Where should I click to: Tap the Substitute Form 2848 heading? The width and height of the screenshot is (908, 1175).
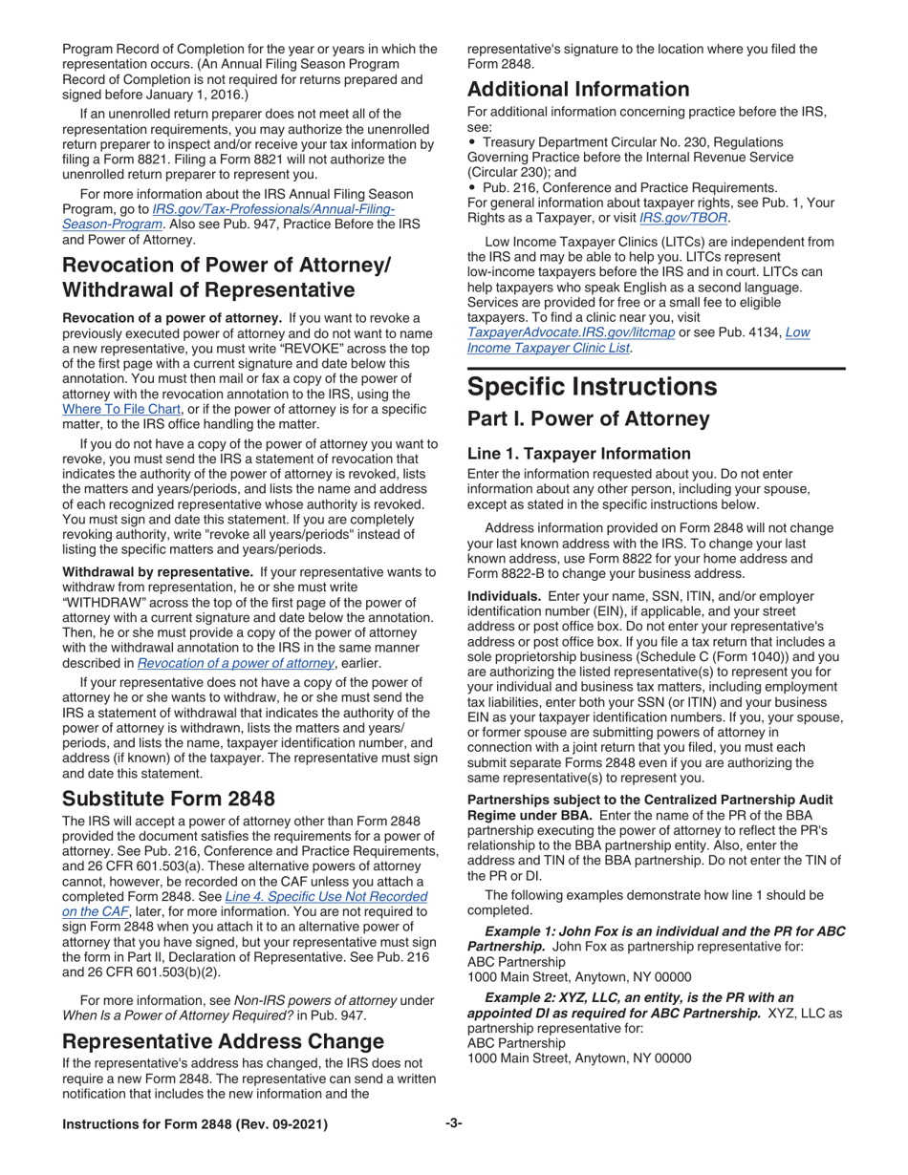coord(168,798)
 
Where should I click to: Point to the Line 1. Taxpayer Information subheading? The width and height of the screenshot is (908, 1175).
coord(578,454)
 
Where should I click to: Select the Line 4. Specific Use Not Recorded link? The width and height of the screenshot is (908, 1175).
coord(325,897)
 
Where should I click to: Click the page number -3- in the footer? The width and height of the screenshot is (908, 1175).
coord(453,1123)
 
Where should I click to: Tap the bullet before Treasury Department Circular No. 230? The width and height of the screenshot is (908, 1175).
coord(473,141)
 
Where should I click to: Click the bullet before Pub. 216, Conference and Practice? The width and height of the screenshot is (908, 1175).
coord(473,187)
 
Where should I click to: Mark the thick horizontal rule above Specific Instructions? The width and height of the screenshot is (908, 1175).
coord(656,368)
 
